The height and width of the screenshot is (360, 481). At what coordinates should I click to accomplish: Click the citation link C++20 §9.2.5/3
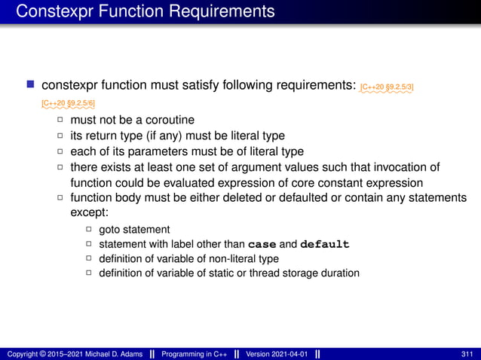click(x=387, y=87)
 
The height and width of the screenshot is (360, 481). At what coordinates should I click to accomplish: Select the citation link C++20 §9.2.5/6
click(x=68, y=102)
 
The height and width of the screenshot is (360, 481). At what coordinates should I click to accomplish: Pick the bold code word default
click(x=324, y=245)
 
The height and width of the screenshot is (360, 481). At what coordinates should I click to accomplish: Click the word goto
click(x=110, y=230)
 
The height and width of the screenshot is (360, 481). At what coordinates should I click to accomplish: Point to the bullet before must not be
click(x=60, y=121)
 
